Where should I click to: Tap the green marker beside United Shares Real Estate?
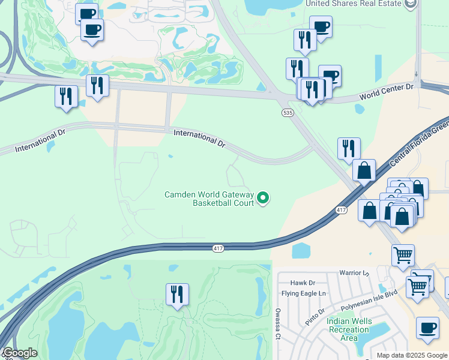pyautogui.click(x=411, y=4)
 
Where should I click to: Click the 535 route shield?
pyautogui.click(x=288, y=113)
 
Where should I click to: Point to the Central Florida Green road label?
pyautogui.click(x=419, y=143)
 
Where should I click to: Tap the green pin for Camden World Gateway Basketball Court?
pyautogui.click(x=263, y=197)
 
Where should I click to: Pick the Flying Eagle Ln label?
pyautogui.click(x=304, y=293)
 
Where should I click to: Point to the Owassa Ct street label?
pyautogui.click(x=278, y=324)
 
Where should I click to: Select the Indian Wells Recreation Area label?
pyautogui.click(x=349, y=329)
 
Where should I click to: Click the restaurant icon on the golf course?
pyautogui.click(x=177, y=295)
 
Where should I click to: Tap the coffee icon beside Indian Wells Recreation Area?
pyautogui.click(x=427, y=328)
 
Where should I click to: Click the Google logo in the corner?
pyautogui.click(x=20, y=353)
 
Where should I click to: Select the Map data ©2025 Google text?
pyautogui.click(x=412, y=355)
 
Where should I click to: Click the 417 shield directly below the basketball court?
pyautogui.click(x=218, y=248)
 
